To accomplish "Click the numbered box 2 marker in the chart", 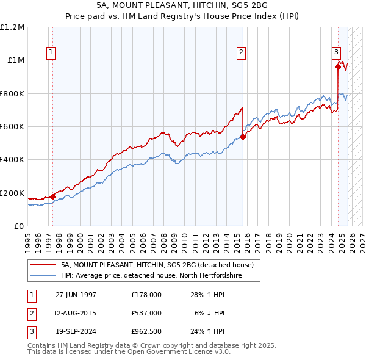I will (242, 53).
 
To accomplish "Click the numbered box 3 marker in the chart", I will (336, 53).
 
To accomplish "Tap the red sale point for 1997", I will (53, 196).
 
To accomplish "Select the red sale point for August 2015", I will (243, 137).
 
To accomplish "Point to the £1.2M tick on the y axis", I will (12, 27).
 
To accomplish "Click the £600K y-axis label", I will (12, 127).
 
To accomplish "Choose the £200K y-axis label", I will (12, 193).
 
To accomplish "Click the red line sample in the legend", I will (43, 265).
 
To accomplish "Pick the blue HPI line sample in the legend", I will (43, 275).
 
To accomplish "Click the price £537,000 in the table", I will (146, 313).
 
